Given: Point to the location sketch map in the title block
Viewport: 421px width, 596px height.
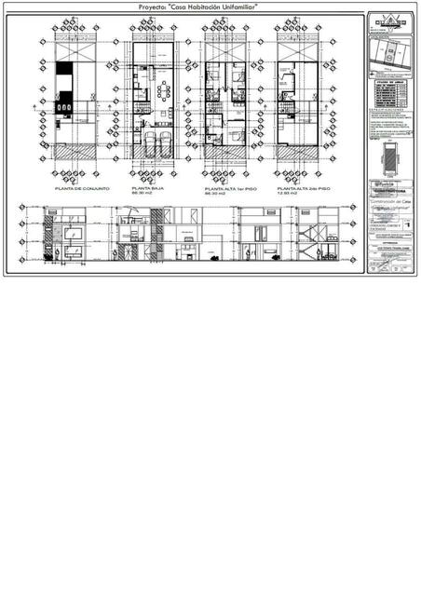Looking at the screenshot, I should (389, 57).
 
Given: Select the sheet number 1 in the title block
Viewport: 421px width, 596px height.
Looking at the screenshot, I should (407, 224).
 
